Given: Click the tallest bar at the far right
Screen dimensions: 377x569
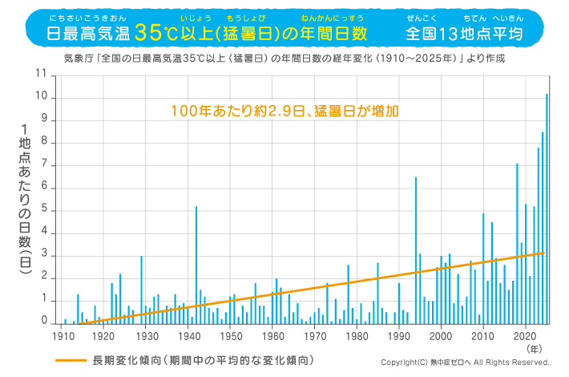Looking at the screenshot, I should point(547,209).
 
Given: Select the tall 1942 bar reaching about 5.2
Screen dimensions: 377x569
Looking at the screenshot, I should point(196,265).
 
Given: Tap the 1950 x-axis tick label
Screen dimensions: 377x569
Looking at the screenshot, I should point(231,335).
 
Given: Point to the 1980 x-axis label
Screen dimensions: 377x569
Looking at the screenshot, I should point(357,335).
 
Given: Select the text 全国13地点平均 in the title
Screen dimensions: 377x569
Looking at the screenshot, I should point(464,34).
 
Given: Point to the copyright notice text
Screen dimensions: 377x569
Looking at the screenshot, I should point(465,363).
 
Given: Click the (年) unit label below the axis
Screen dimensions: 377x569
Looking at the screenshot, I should point(535,349).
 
